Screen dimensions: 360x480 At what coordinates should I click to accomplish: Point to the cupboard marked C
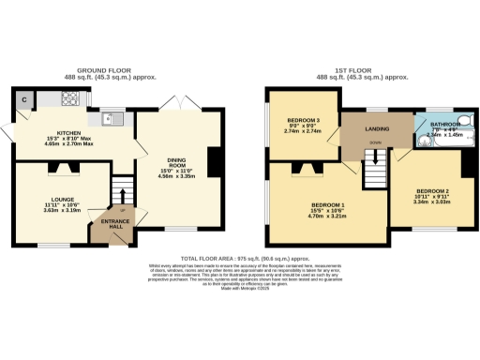tap(22, 98)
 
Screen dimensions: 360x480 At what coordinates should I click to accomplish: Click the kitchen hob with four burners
tap(70, 97)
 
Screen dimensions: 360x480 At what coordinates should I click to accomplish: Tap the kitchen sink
tap(114, 118)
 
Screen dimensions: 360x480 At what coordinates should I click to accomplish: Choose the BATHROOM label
tap(442, 128)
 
